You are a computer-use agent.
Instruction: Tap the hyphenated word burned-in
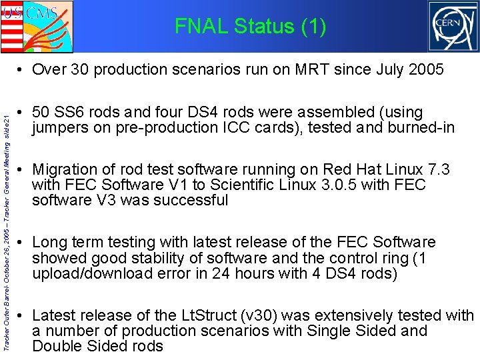pyautogui.click(x=422, y=127)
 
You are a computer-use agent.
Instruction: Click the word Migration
pyautogui.click(x=63, y=169)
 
